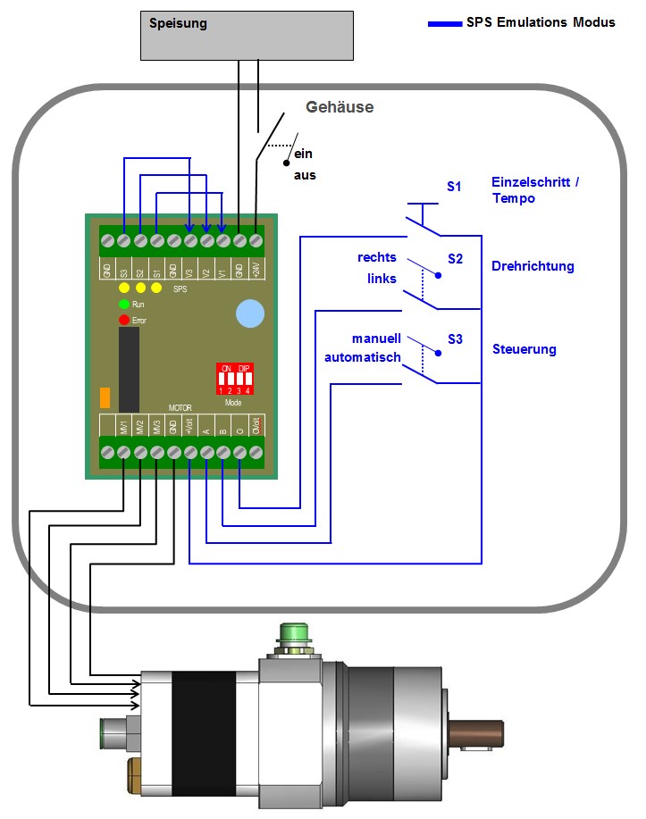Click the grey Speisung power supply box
pyautogui.click(x=246, y=35)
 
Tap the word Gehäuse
pyautogui.click(x=340, y=107)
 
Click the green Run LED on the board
pyautogui.click(x=124, y=305)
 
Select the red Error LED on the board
pyautogui.click(x=124, y=319)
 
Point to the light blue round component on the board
pyautogui.click(x=250, y=313)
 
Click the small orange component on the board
pyautogui.click(x=105, y=398)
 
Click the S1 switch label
pyautogui.click(x=455, y=187)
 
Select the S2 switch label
pyautogui.click(x=456, y=259)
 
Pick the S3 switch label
pyautogui.click(x=456, y=338)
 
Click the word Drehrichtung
pyautogui.click(x=533, y=266)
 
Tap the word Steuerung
pyautogui.click(x=524, y=349)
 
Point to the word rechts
pyautogui.click(x=376, y=257)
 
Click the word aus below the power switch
pyautogui.click(x=305, y=176)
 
